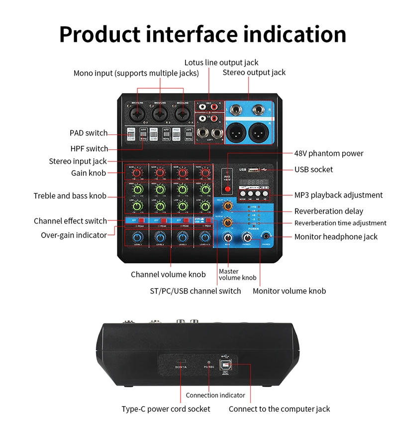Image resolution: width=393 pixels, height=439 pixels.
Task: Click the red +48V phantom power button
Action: (228, 189)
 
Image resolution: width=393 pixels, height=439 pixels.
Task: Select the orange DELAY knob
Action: (228, 206)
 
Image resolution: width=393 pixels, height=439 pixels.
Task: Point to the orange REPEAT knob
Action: (228, 221)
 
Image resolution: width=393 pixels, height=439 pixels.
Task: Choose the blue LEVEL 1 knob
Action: (137, 237)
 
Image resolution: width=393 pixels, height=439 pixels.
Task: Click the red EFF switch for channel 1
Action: (141, 219)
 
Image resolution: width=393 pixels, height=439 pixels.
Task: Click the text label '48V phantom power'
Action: (328, 153)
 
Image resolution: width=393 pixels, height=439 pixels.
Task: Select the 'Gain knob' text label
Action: (89, 173)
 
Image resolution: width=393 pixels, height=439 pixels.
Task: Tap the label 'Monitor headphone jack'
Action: (336, 237)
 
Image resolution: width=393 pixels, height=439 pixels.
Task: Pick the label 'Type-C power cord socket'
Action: (166, 409)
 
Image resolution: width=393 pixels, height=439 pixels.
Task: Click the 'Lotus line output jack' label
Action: (221, 62)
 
